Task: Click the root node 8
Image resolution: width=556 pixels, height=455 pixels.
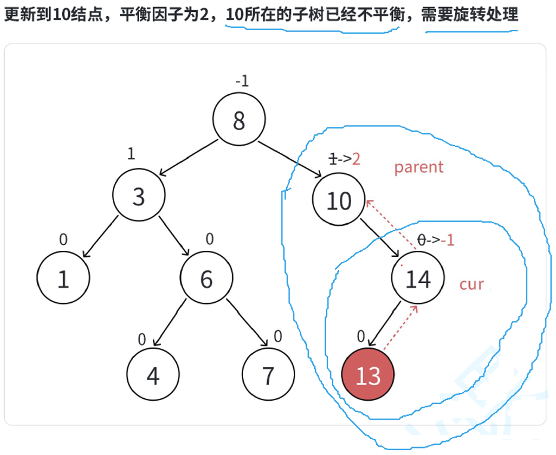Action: pos(239,121)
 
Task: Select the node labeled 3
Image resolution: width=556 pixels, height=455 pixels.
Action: pos(139,196)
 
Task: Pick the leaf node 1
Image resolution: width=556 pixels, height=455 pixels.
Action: pos(63,278)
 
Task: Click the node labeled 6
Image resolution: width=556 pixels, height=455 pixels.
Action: pos(207,278)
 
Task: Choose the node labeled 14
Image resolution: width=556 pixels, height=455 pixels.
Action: pos(418,278)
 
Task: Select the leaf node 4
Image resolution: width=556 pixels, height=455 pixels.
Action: pos(153,376)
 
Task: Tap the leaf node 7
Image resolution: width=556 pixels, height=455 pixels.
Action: pos(268,376)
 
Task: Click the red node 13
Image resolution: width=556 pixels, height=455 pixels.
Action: pos(368,376)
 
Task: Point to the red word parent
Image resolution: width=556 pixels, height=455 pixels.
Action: pos(419,167)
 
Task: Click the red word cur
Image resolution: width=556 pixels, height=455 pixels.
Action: pos(471,284)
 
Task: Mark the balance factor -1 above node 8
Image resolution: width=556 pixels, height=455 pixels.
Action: pos(242,82)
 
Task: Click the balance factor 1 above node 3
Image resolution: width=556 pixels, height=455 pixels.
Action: pos(131,153)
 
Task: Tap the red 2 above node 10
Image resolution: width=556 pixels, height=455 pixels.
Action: pos(357,159)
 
